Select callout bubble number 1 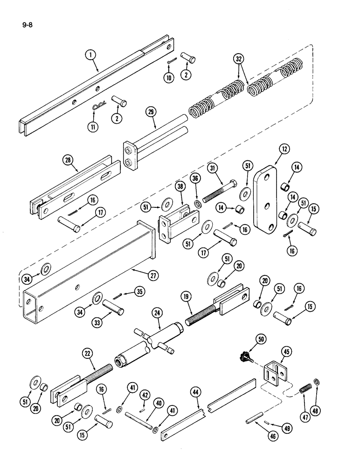(91, 55)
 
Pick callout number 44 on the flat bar (194, 391)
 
